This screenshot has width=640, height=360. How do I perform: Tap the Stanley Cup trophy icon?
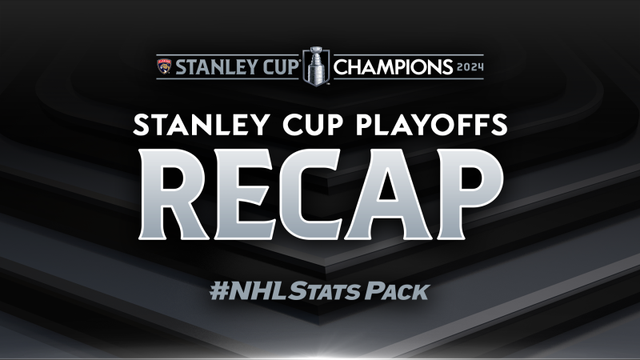click(x=316, y=66)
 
